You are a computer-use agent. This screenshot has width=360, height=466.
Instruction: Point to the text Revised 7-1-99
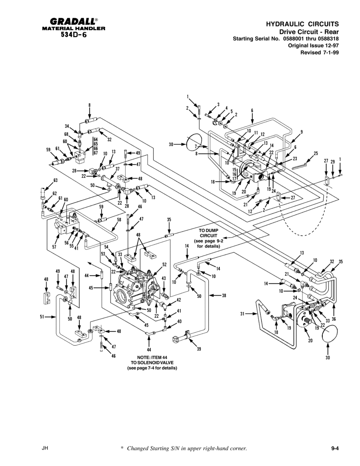click(319, 53)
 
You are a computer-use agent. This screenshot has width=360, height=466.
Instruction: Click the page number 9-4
click(336, 448)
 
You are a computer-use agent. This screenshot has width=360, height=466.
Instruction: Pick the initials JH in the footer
click(44, 448)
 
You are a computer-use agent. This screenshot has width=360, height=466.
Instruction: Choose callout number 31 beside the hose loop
click(243, 314)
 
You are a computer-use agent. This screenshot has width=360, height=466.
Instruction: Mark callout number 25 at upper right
click(316, 153)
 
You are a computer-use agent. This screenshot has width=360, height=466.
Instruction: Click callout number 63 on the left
click(55, 180)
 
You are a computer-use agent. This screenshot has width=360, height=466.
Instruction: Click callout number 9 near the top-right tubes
click(302, 132)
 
